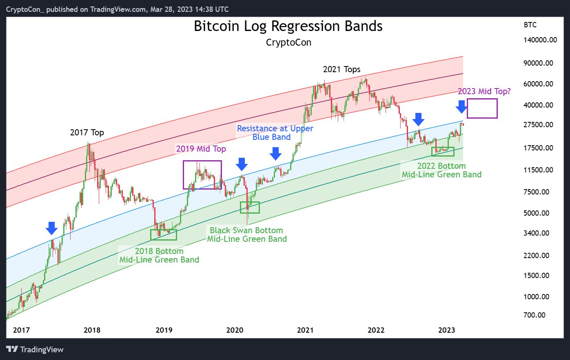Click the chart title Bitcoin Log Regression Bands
point(288,26)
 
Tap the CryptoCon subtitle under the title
point(288,42)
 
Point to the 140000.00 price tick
point(540,40)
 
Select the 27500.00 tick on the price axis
point(539,125)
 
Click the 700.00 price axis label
point(535,315)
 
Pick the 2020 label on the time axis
point(235,330)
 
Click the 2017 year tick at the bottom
point(21,330)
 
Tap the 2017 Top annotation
point(87,133)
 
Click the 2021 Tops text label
point(342,69)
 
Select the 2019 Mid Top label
point(201,149)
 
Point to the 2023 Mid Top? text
point(484,91)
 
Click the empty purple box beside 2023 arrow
point(482,108)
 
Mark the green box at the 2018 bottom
point(164,235)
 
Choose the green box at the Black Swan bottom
point(250,208)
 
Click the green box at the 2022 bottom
point(443,151)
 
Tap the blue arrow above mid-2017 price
point(51,228)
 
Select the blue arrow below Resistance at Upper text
point(276,153)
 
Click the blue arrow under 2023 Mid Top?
point(461,107)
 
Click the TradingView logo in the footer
point(35,349)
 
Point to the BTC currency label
point(530,25)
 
